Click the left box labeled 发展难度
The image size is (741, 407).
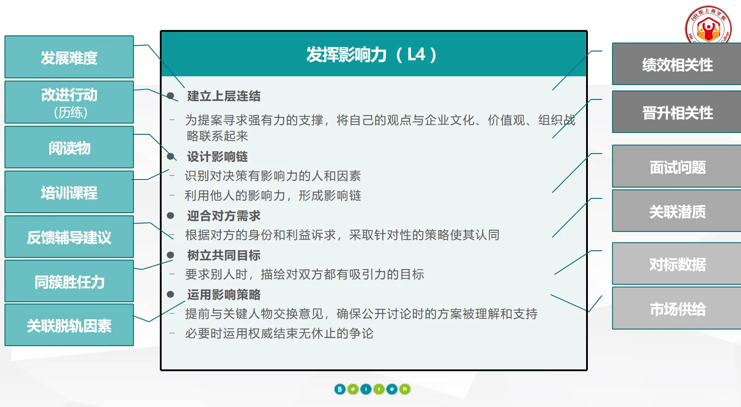[x=69, y=57]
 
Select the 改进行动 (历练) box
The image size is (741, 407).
[x=69, y=102]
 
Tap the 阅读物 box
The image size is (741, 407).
[x=69, y=147]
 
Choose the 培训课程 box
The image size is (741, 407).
[x=69, y=192]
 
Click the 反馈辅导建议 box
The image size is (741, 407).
[x=69, y=237]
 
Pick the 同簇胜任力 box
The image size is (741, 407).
[x=69, y=281]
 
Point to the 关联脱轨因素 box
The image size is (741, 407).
[x=69, y=325]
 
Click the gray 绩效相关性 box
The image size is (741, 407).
[x=677, y=64]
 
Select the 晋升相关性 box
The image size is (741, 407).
[x=677, y=112]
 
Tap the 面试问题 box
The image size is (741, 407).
[x=677, y=167]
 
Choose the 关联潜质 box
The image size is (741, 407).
[x=677, y=211]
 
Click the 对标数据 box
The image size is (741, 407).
[x=677, y=264]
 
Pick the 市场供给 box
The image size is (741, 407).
[x=677, y=308]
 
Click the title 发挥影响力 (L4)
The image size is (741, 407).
[x=371, y=55]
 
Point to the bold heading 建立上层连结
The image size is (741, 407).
[x=223, y=96]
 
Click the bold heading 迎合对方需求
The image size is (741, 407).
[x=223, y=216]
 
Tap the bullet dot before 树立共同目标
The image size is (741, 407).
[x=170, y=255]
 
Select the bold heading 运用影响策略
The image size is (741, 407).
[x=223, y=295]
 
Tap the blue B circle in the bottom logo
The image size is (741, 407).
[x=340, y=389]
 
